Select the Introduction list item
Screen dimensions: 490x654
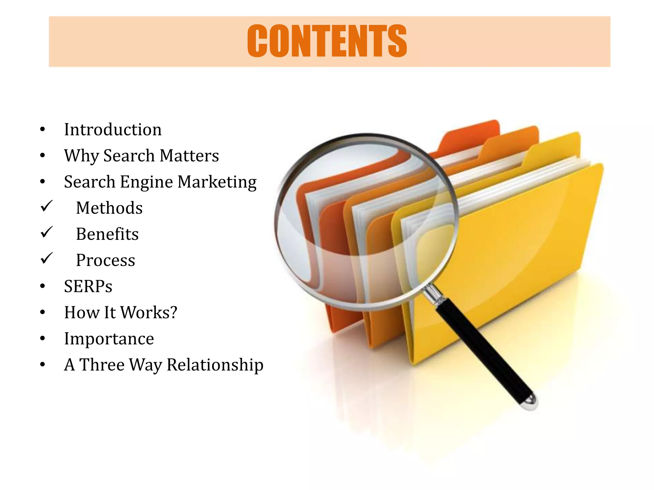[x=113, y=130]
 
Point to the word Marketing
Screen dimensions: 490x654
[x=217, y=182]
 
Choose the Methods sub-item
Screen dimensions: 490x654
[x=109, y=208]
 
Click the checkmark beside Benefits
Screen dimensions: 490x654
[x=47, y=232]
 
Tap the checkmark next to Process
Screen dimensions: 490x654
[x=47, y=258]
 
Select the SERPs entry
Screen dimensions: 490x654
[x=88, y=286]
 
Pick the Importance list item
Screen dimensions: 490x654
[x=109, y=338]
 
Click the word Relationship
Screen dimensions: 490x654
[x=215, y=365]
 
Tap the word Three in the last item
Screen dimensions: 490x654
[x=102, y=365]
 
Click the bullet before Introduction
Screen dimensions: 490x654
[x=42, y=130]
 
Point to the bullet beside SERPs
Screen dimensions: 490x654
[x=42, y=286]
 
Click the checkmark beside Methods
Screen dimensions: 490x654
[x=47, y=206]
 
